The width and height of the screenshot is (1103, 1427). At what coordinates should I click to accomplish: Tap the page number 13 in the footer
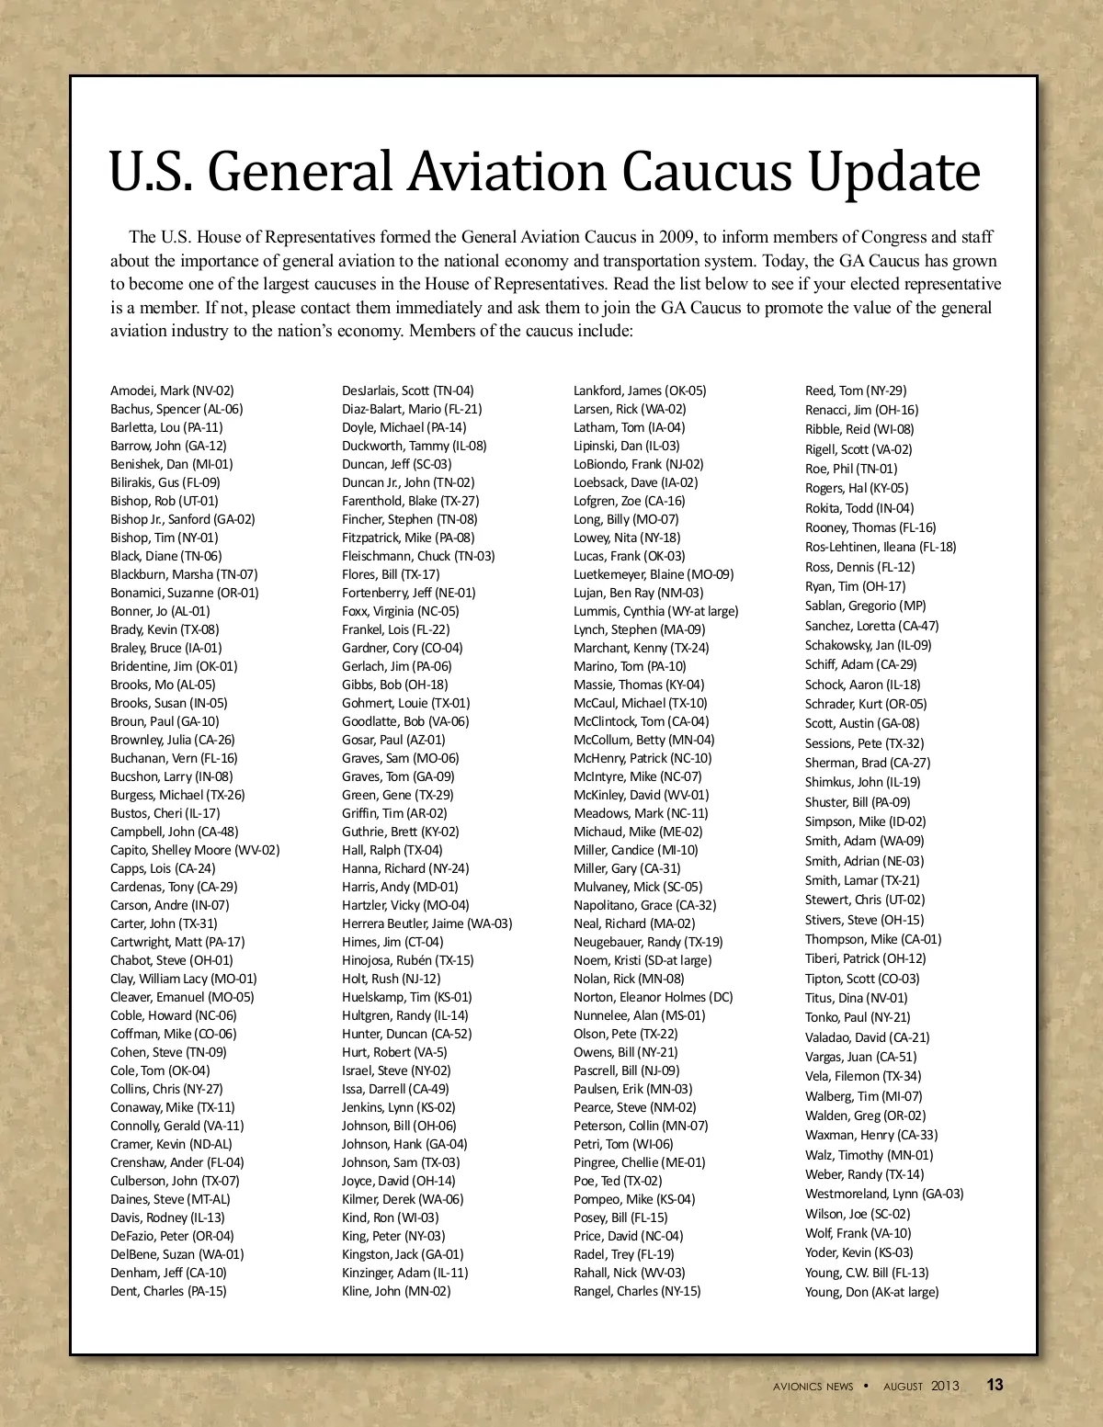(995, 1385)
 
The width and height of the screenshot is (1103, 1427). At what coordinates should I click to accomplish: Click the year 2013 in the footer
(944, 1386)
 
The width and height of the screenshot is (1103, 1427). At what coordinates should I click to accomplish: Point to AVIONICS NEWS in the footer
(813, 1387)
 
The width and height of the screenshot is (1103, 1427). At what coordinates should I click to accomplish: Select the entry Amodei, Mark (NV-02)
(172, 391)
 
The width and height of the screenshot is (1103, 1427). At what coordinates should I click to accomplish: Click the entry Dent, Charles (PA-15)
(168, 1291)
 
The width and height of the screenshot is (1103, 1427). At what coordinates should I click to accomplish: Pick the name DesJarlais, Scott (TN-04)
(408, 391)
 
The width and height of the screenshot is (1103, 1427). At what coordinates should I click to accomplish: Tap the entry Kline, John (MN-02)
(396, 1291)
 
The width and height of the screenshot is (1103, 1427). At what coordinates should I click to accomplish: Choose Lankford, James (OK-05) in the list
(640, 391)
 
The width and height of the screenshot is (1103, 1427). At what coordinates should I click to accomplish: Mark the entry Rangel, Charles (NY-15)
(637, 1291)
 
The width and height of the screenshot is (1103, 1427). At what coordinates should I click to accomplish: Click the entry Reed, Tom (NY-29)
(856, 391)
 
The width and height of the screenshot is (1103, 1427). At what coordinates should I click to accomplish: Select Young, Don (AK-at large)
(871, 1292)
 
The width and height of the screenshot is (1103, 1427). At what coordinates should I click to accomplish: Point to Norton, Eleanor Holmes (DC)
(653, 997)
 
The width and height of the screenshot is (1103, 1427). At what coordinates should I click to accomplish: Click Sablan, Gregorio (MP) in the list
(865, 606)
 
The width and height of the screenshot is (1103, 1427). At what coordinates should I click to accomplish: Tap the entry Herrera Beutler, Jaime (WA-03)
(426, 923)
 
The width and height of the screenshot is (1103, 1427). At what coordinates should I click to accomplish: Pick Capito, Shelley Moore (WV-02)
(195, 850)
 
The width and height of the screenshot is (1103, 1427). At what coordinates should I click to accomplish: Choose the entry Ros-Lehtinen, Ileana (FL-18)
(881, 547)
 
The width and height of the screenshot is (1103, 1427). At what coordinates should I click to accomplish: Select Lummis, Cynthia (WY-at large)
(655, 611)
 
